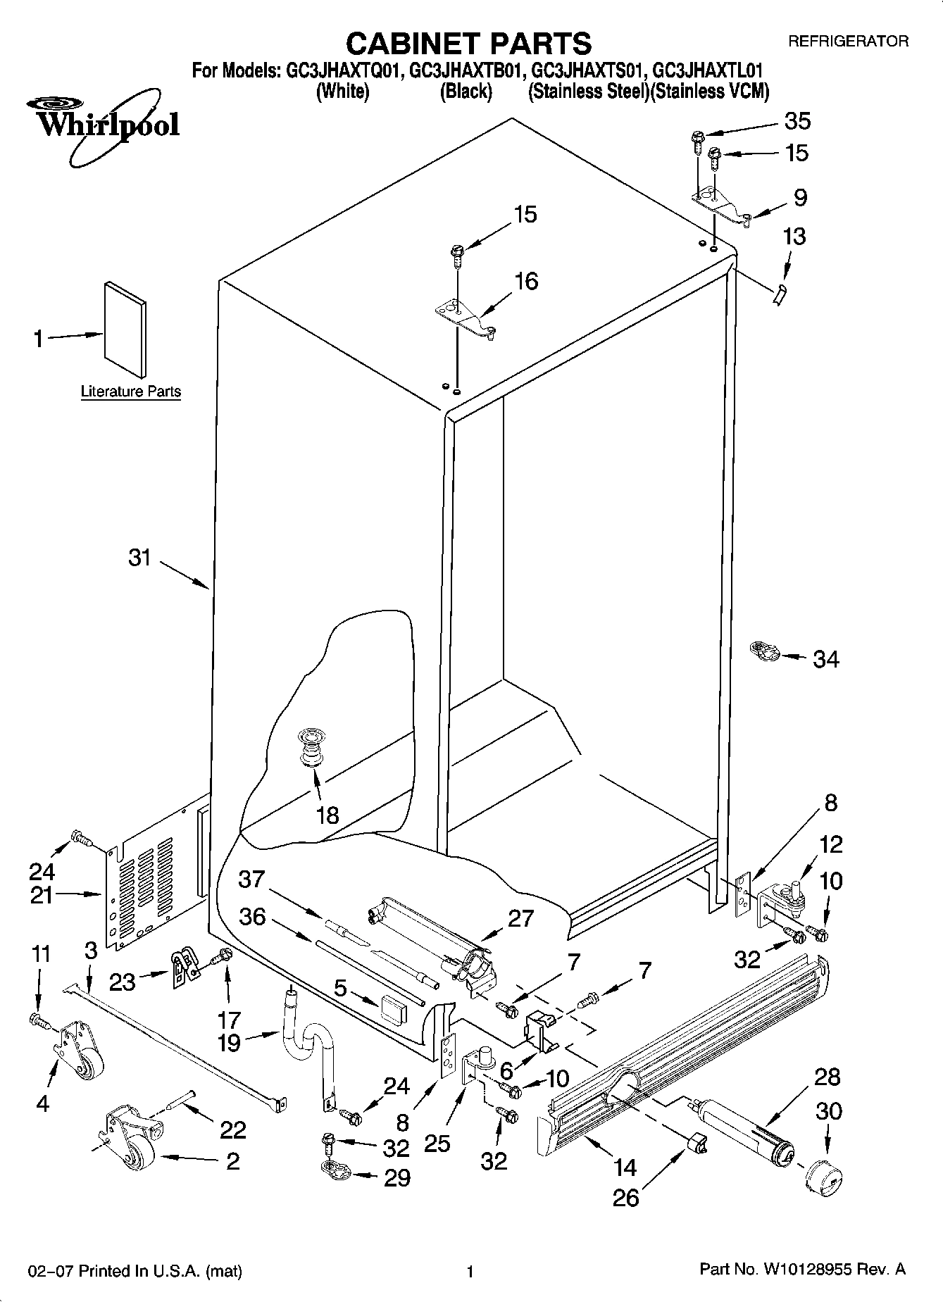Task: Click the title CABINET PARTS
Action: point(468,44)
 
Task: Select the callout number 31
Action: point(139,558)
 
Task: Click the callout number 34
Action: point(825,659)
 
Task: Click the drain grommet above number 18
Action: point(311,745)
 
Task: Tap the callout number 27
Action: point(520,918)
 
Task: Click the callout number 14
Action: point(625,1168)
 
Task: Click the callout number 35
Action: point(797,120)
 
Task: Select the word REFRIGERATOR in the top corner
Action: point(847,42)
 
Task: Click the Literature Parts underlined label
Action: point(131,392)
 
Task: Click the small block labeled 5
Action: point(392,1010)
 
